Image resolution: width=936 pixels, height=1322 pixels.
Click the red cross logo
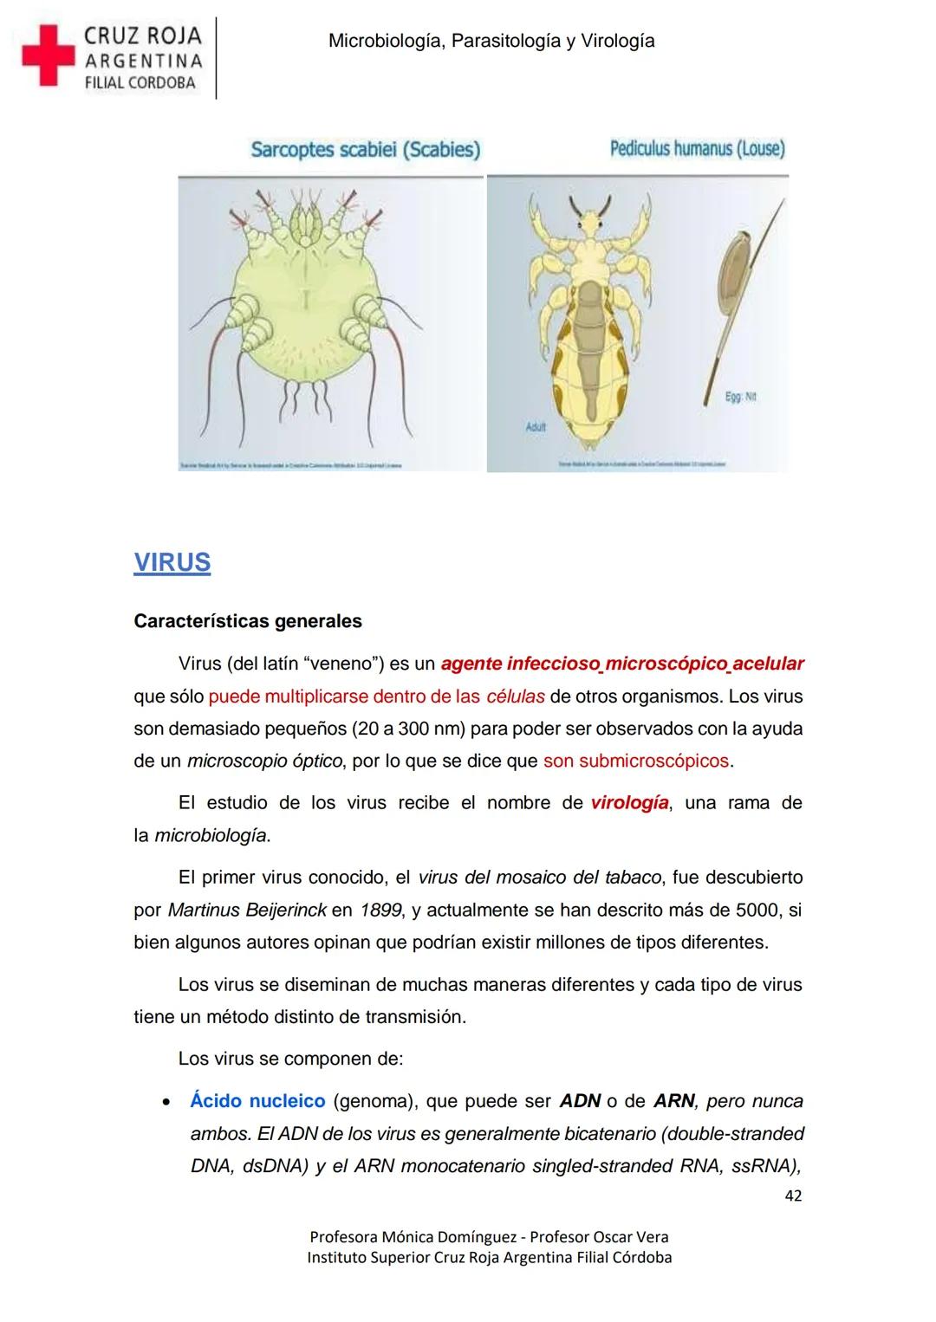[48, 55]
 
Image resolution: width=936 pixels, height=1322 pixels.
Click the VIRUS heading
[172, 562]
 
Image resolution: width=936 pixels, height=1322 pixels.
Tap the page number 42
[792, 1196]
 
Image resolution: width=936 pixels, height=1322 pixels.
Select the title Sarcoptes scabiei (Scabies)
[365, 150]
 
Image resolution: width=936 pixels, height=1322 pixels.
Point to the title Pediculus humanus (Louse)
[697, 149]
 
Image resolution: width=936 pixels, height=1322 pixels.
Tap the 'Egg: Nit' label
[741, 397]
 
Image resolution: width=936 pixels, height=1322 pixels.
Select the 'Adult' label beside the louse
[536, 428]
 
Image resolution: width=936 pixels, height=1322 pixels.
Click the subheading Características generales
[248, 621]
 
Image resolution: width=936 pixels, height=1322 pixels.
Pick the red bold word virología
[629, 803]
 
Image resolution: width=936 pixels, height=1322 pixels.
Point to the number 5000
[758, 910]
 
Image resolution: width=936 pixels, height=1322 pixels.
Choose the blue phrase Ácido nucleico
[257, 1101]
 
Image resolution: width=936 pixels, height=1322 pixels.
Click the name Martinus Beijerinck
[247, 910]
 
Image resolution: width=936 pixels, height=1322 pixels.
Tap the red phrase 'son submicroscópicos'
[636, 761]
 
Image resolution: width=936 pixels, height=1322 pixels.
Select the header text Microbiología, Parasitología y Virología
[491, 41]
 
